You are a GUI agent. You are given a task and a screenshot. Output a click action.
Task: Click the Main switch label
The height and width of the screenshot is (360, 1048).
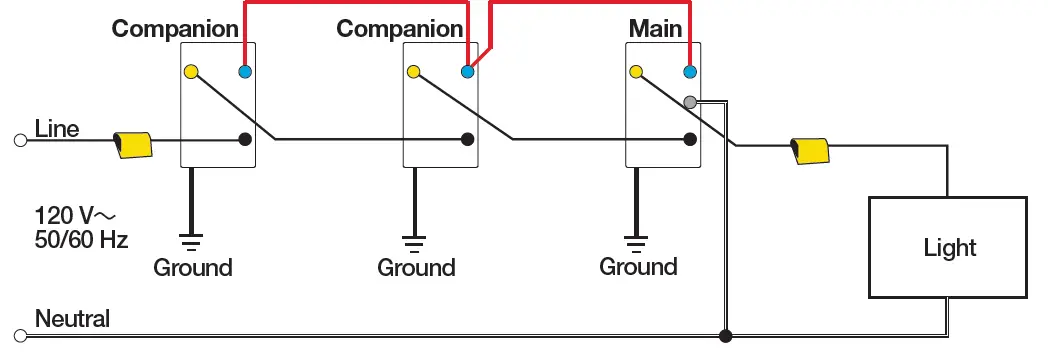(655, 28)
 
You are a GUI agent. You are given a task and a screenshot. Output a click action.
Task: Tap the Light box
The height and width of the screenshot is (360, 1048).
(948, 247)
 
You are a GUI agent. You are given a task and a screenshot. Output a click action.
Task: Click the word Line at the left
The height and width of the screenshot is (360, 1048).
(57, 129)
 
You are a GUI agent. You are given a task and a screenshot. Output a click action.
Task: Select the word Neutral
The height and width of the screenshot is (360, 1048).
(72, 319)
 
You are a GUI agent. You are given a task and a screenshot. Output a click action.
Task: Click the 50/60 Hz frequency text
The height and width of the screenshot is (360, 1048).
(81, 240)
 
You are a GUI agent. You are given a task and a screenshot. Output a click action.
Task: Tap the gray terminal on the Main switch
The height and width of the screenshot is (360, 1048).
(689, 102)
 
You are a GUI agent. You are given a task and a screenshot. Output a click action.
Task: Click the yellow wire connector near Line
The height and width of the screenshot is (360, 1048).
(133, 145)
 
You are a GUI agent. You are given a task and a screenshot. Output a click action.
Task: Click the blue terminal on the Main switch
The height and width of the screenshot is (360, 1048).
(689, 72)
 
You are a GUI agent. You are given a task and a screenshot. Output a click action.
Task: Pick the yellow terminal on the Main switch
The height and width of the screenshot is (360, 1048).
(635, 72)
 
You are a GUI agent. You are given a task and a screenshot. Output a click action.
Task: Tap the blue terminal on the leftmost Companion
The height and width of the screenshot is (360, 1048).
(245, 72)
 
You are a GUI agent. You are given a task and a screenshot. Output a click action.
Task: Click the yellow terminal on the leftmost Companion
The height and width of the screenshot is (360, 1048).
(190, 72)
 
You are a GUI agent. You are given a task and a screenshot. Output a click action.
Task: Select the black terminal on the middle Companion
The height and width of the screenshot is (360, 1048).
(467, 140)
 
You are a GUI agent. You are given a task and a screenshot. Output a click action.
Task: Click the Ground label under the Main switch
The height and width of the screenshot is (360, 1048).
(638, 267)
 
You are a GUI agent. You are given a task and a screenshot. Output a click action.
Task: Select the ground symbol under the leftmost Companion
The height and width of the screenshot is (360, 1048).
(189, 238)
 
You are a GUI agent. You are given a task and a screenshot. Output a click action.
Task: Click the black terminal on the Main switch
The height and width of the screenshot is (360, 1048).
(689, 140)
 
